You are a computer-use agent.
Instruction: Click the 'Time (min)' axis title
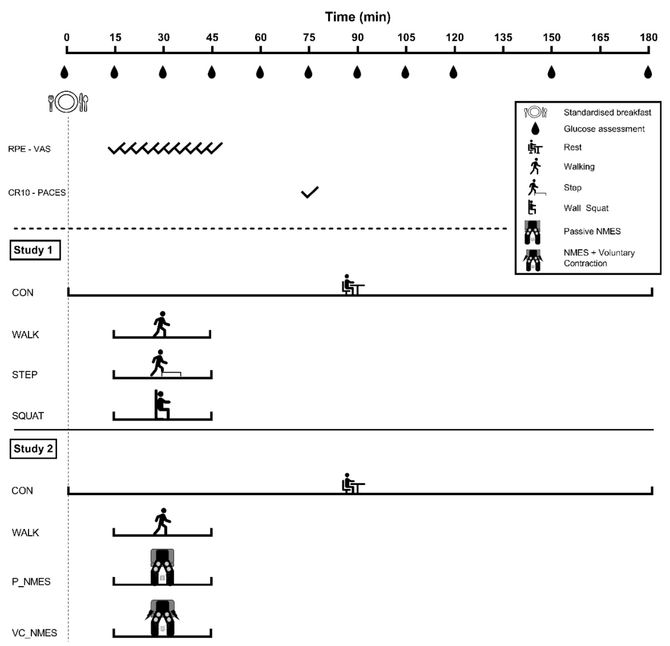(358, 17)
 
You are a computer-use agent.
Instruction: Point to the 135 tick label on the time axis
(503, 37)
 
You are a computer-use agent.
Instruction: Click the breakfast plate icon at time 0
(67, 102)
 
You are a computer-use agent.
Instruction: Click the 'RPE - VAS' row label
(29, 149)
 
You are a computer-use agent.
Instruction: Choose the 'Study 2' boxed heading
(33, 449)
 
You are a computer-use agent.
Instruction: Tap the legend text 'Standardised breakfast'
(607, 113)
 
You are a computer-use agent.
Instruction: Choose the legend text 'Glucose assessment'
(604, 129)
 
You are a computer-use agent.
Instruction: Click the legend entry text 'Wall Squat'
(586, 208)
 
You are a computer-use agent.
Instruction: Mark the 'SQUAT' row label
(28, 416)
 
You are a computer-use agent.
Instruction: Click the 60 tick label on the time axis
(261, 37)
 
